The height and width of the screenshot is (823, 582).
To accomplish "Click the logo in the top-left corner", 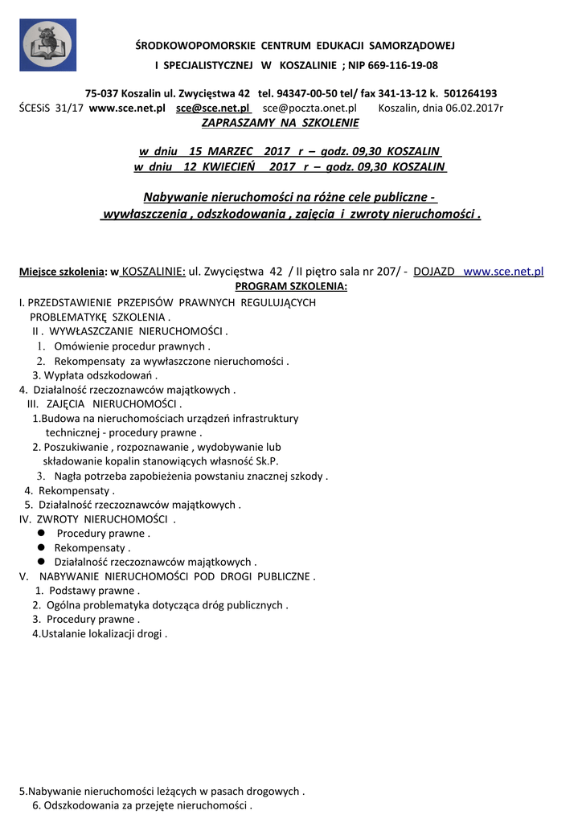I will click(48, 45).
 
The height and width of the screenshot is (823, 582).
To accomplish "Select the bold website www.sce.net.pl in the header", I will click(127, 108).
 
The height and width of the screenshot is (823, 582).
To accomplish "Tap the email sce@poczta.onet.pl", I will click(309, 108).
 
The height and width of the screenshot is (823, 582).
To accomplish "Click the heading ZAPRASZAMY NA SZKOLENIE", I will click(280, 123).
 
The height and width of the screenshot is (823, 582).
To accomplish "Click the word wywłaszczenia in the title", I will click(142, 215).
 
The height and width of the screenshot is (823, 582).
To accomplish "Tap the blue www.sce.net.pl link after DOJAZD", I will click(504, 272).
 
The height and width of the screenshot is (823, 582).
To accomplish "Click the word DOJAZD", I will click(435, 272).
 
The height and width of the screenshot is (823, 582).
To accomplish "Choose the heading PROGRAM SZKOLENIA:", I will click(291, 286).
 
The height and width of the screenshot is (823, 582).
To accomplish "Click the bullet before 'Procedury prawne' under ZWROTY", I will click(40, 534).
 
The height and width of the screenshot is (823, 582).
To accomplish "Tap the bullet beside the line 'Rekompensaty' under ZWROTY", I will click(40, 548).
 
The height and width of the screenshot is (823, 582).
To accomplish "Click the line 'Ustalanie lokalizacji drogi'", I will click(100, 634).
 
